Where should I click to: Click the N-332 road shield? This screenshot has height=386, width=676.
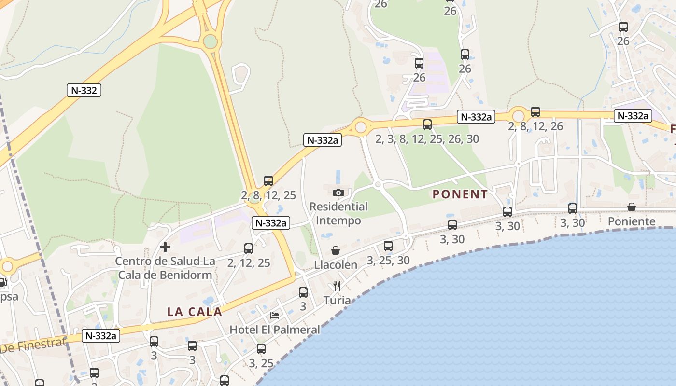pos(84,90)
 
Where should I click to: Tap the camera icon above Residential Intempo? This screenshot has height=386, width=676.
pos(338,193)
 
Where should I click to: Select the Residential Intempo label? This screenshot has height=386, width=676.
pos(338,213)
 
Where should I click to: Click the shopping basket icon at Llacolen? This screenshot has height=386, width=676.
pos(336,250)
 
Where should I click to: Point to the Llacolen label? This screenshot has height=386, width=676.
pos(336,265)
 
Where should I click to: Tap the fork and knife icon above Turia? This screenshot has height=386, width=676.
pos(337,286)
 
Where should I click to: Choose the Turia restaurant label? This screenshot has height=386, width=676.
pos(337,300)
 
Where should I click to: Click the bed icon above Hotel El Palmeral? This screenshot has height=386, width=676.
pos(275,316)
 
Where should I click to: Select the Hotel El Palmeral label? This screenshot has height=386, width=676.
pos(275,330)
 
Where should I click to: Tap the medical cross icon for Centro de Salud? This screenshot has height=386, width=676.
pos(165,248)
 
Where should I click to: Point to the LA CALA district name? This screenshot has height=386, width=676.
pos(195,312)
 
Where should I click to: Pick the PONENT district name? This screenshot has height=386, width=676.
pos(460,194)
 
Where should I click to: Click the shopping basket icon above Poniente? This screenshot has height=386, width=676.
pos(632,207)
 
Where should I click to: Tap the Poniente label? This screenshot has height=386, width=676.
pos(632,221)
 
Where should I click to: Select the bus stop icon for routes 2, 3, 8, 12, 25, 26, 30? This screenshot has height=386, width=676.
pos(427,124)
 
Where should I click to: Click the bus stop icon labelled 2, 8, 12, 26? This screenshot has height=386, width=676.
pos(535,112)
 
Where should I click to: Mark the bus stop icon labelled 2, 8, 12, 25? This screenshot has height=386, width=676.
pos(268,181)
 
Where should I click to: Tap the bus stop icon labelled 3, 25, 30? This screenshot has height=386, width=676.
pos(388,246)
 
